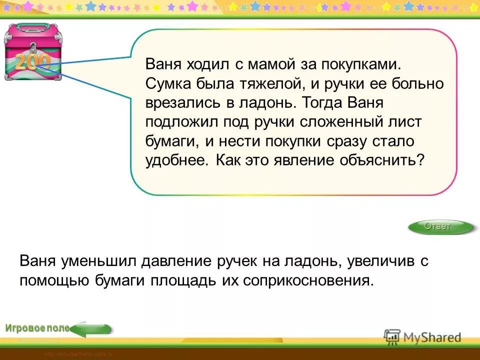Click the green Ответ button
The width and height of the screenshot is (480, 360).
[440, 227]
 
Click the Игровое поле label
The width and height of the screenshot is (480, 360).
[37, 328]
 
